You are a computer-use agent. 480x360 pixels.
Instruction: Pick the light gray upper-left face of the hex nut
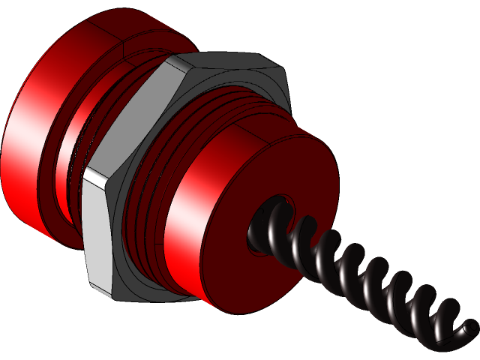[135, 112]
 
